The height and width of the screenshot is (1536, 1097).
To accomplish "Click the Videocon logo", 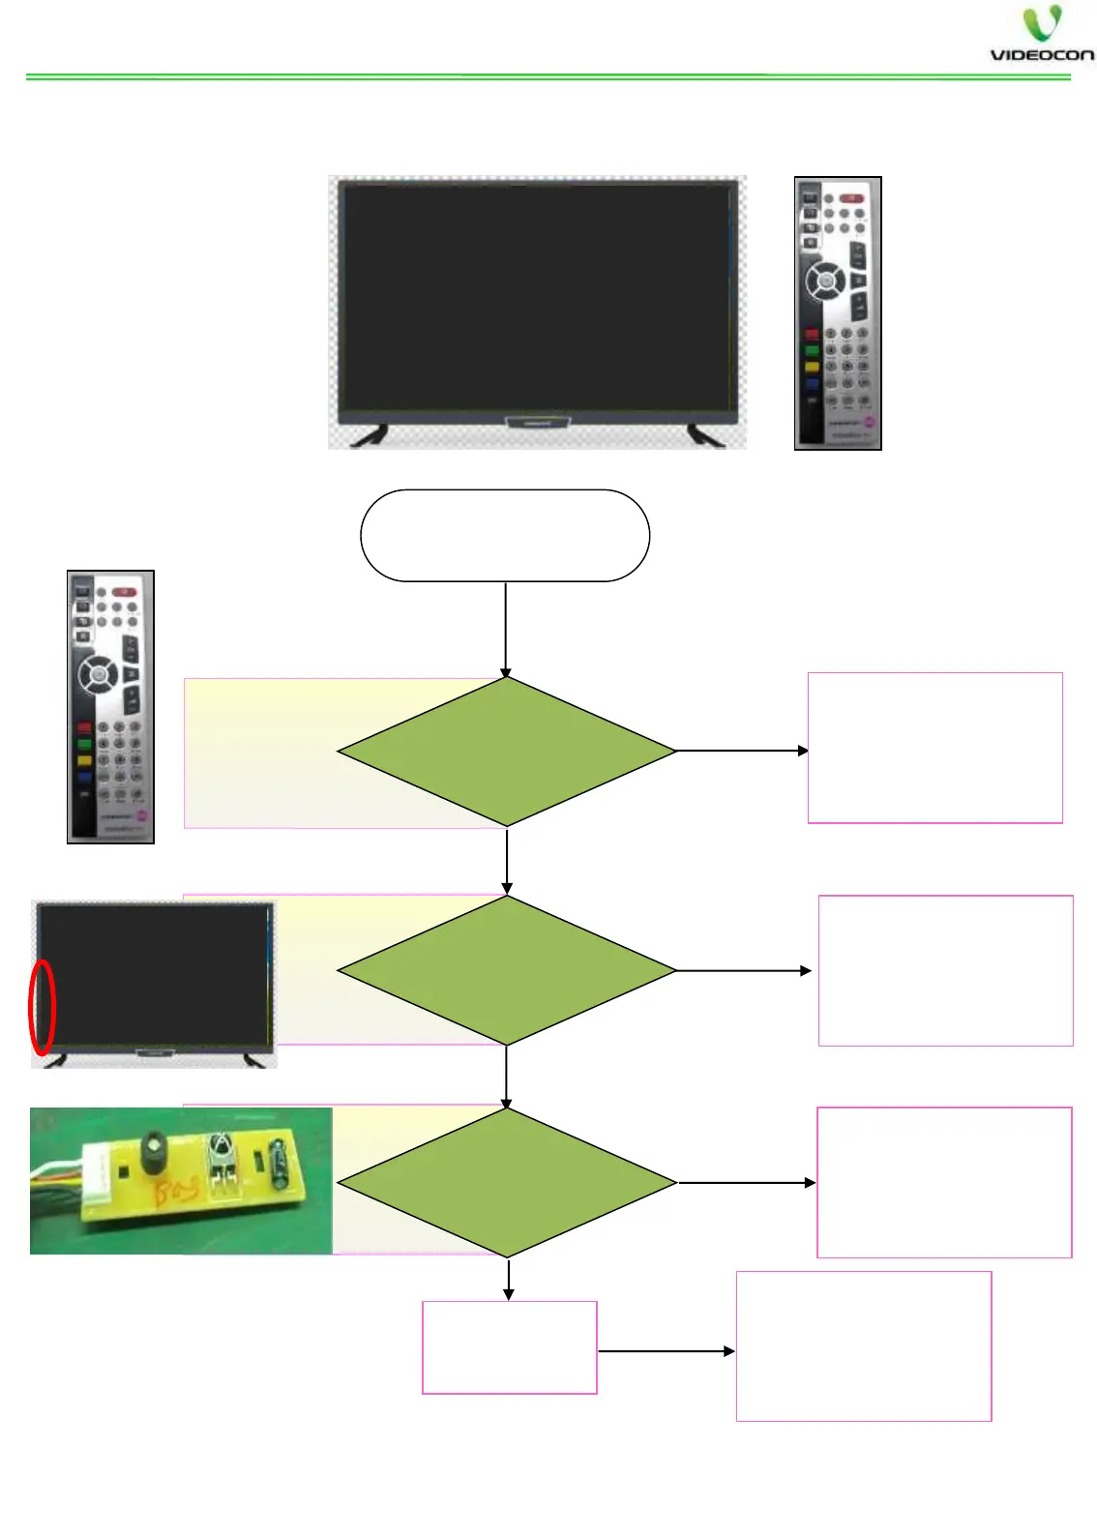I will pos(1042,34).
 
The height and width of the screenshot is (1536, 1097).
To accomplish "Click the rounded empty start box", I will pos(504,535).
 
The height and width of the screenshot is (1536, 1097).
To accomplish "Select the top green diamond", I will pos(506,751).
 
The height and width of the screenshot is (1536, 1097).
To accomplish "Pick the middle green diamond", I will pos(506,970).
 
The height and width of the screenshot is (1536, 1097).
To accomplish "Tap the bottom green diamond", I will pos(506,1182).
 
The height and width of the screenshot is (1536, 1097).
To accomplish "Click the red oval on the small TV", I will pos(43,1007).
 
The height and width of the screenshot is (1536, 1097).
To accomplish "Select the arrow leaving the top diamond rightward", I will pos(741,751).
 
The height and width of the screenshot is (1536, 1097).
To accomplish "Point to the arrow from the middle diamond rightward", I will pos(743,970).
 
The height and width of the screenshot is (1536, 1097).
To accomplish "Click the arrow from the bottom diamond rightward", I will pos(746,1182).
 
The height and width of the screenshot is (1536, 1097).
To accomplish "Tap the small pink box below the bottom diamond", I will pos(510,1347).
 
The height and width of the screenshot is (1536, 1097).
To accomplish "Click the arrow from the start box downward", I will pos(505,629).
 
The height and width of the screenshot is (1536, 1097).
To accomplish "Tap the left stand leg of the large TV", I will pos(369,436).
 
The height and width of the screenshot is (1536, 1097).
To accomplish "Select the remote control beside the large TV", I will pos(838,313).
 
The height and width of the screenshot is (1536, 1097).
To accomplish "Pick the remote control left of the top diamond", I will pos(110,707).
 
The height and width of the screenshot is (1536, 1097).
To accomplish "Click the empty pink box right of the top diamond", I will pos(934,748).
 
